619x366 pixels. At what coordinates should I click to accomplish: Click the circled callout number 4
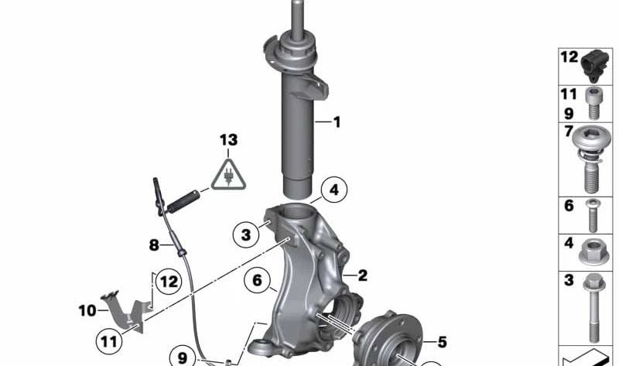point(334,190)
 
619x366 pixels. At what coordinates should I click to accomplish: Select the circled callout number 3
point(245,235)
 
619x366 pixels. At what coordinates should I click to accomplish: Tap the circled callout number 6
point(257,280)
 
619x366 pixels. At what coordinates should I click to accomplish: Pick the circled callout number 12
point(169,282)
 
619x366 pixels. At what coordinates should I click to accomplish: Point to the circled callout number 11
point(109,341)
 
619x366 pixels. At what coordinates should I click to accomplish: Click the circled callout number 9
point(183,357)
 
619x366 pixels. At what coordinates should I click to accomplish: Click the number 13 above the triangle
point(228,140)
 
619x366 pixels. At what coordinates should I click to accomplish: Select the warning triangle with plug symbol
point(228,174)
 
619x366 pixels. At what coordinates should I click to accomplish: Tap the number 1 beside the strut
point(337,122)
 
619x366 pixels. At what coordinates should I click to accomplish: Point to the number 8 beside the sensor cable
point(154,245)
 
